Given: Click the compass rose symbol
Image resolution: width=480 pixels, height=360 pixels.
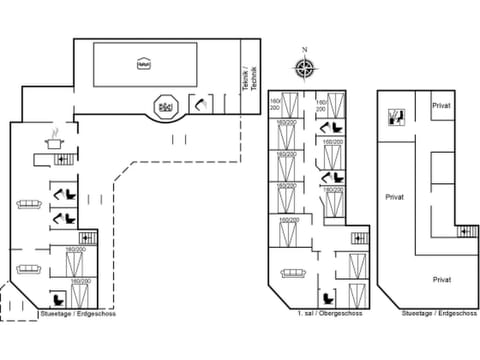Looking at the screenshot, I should [305, 68].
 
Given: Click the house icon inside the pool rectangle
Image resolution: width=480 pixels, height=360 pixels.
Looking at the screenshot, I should [143, 64].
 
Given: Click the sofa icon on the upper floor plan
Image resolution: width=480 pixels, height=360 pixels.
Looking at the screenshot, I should [293, 271].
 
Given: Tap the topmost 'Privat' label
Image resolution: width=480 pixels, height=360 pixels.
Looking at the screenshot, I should [440, 105].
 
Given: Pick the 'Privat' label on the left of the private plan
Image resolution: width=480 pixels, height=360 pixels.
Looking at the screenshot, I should [395, 197].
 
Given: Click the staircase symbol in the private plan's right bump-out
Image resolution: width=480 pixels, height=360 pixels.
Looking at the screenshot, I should [466, 232].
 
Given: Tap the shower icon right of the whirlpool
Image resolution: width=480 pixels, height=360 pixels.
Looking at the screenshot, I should [200, 103].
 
